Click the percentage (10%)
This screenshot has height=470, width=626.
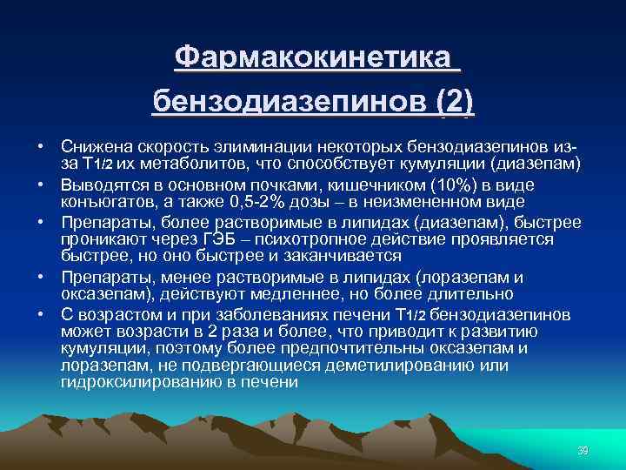450,185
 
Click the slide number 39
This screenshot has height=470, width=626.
583,450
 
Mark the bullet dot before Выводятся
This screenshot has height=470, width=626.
41,185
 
